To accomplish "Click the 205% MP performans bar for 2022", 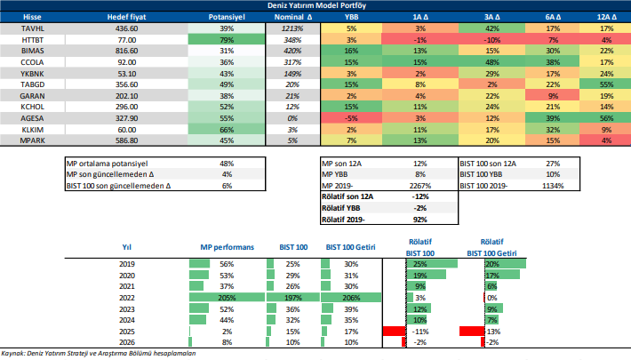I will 228,298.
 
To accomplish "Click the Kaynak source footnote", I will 98,354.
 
